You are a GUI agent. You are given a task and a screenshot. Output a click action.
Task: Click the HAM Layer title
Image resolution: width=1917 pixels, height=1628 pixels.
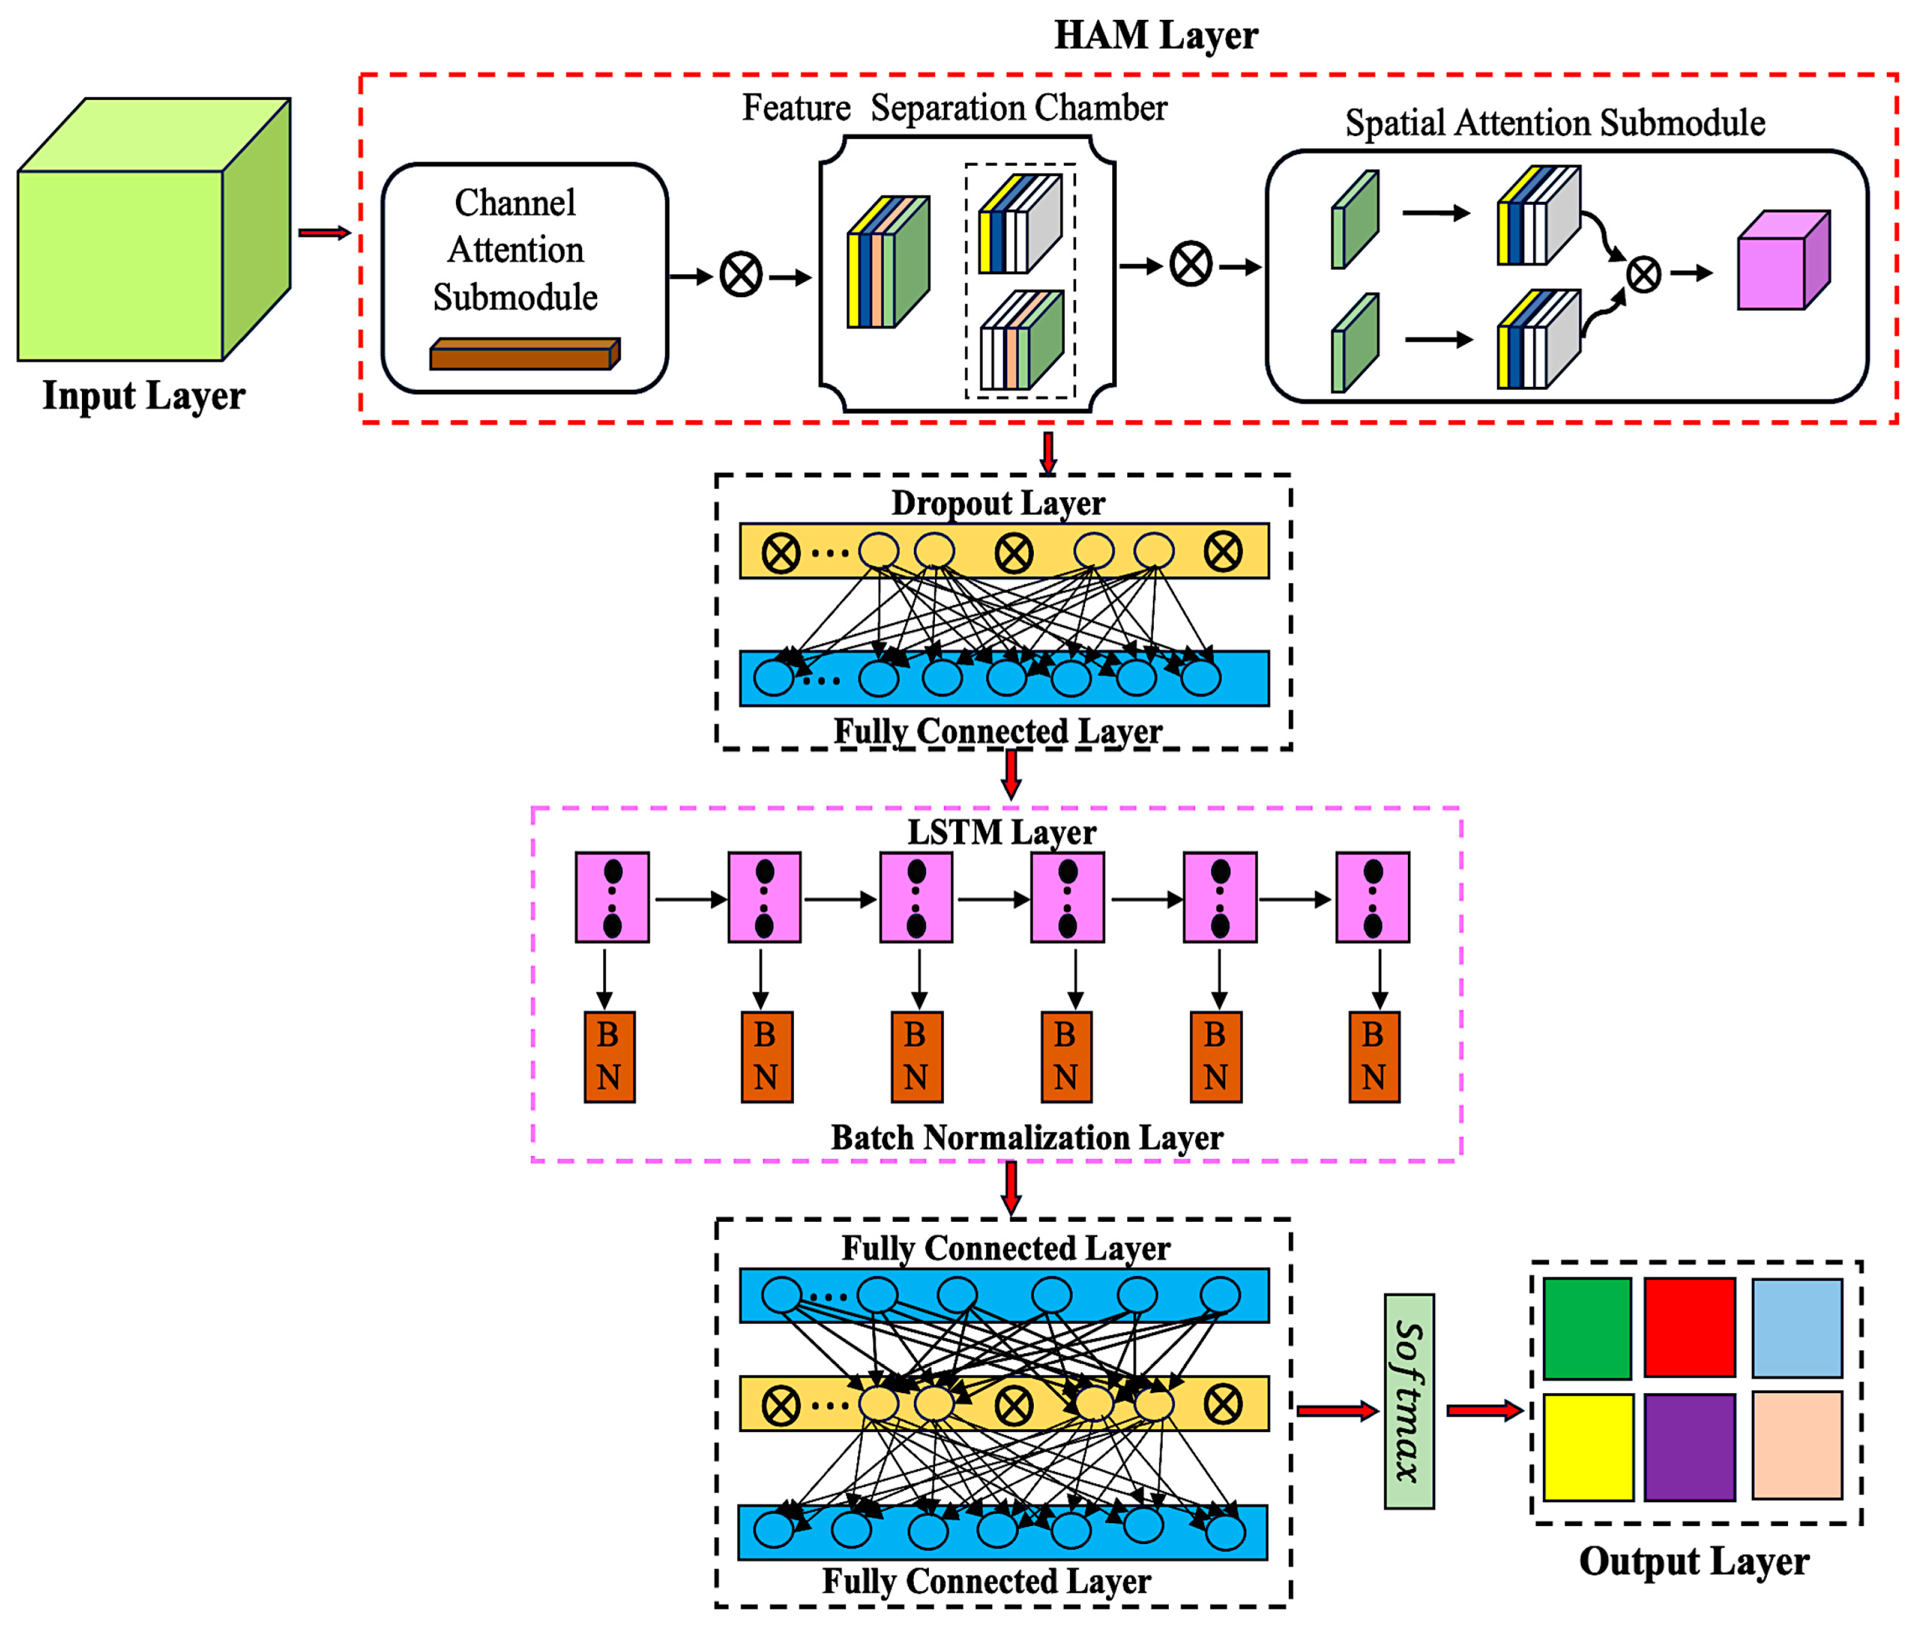[1155, 35]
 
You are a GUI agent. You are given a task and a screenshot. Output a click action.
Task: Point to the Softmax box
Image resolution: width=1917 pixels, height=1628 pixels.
[1409, 1401]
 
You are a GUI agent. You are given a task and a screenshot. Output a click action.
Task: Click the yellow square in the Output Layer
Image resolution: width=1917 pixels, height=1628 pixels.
[1587, 1446]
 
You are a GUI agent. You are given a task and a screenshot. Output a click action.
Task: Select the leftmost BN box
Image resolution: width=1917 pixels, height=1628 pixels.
[609, 1057]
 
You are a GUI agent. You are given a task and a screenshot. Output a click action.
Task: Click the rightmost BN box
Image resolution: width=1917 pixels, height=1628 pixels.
[1374, 1057]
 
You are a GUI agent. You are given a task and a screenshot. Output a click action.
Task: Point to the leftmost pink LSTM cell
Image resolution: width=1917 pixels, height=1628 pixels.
[612, 897]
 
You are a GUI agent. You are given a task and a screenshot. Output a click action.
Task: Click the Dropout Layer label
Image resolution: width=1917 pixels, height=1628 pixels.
[997, 503]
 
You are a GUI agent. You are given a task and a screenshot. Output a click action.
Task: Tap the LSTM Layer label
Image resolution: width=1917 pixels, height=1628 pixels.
[1001, 831]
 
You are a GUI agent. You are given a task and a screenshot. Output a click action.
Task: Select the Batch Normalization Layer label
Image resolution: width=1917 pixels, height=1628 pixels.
[1027, 1137]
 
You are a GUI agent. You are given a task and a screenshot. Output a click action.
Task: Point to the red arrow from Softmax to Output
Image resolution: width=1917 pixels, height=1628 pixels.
[1482, 1410]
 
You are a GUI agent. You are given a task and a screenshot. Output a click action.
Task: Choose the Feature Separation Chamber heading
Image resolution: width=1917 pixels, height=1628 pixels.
[954, 108]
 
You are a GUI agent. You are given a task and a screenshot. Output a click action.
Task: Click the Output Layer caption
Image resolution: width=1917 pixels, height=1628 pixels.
[1693, 1561]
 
